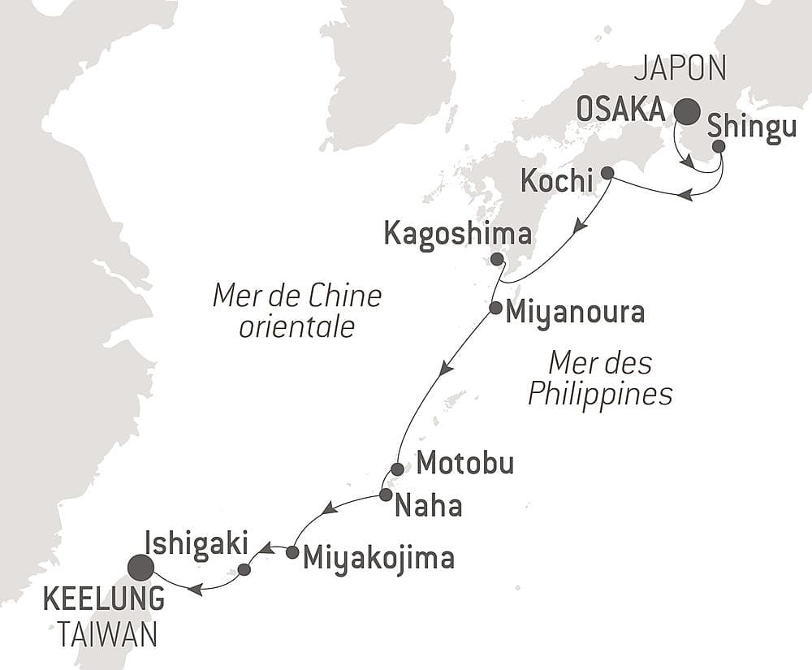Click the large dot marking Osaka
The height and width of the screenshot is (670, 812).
pos(687,111)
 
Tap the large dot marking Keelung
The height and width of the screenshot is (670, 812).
pos(141,567)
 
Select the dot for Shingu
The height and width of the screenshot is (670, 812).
pos(719,146)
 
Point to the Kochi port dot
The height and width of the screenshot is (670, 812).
pos(607,172)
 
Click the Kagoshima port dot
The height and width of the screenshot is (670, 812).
pos(497,259)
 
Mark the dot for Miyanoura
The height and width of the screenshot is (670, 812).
pos(495,308)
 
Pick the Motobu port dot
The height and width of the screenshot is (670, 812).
pos(397,469)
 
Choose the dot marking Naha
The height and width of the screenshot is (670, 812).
pos(386,494)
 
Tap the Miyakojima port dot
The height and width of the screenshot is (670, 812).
pos(292,552)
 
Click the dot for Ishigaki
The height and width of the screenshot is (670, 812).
pos(244,570)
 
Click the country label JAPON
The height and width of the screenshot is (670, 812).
pos(680,70)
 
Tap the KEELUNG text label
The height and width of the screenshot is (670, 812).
pos(103,602)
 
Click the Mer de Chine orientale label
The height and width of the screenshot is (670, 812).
pos(296,311)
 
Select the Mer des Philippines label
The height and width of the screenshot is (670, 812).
pos(600,378)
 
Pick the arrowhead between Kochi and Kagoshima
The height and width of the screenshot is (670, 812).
pos(577,227)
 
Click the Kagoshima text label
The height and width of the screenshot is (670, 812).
pos(458,235)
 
